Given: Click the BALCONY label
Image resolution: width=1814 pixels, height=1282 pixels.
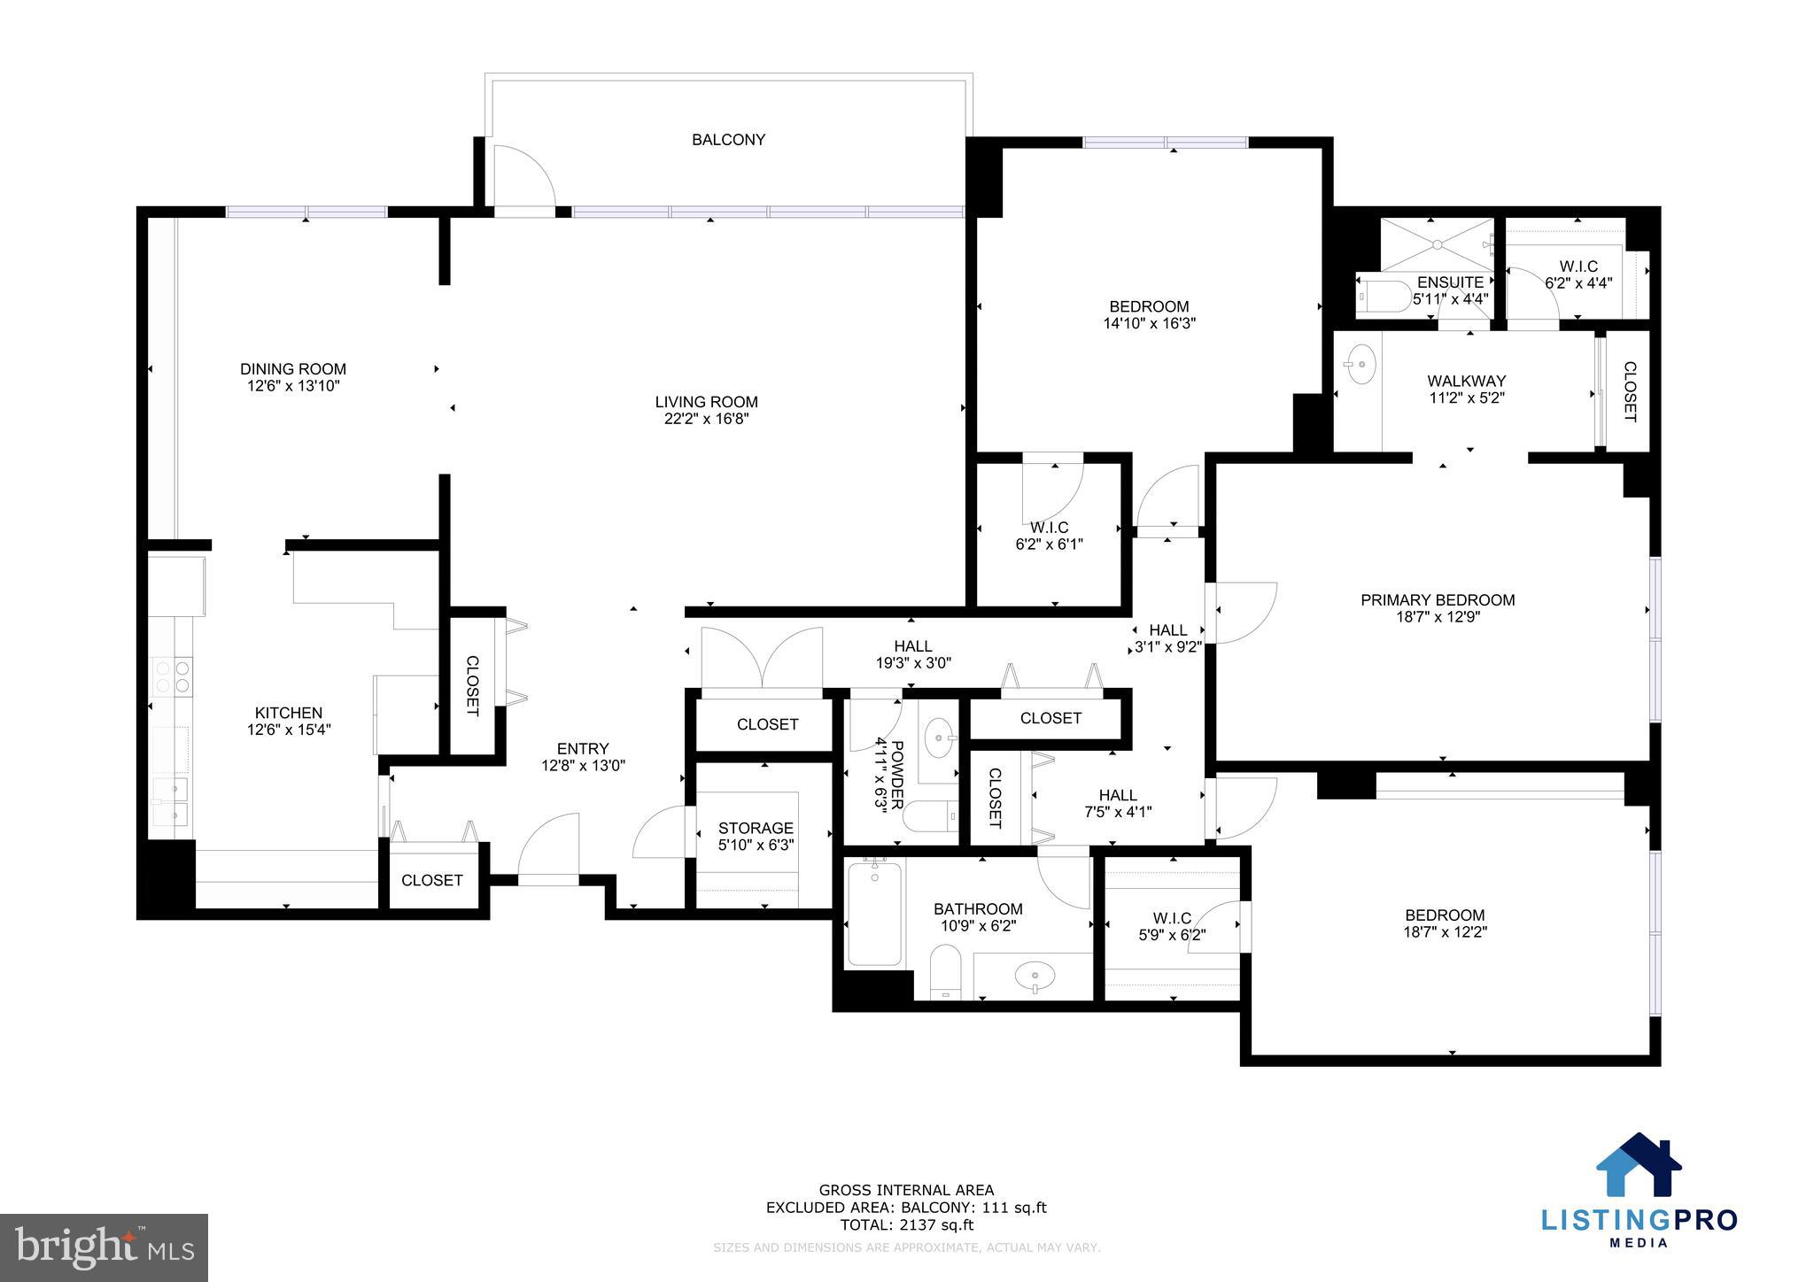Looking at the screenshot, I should [728, 140].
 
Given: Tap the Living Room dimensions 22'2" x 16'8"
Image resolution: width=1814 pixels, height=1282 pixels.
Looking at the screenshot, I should [706, 419].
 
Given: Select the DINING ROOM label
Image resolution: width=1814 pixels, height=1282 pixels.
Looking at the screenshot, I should [293, 369].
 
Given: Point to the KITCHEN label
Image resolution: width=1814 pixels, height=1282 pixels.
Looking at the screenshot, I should [289, 713].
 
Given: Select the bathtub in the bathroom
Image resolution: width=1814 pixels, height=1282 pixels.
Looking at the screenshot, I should [875, 914].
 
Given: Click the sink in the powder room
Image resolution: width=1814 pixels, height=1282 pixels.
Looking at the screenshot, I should [938, 734].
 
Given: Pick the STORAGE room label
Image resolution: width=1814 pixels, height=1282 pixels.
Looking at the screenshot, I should [756, 829].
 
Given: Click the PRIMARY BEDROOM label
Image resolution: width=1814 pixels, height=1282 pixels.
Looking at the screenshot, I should [1438, 600].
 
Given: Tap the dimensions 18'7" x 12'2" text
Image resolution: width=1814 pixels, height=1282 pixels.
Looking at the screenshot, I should [1445, 931].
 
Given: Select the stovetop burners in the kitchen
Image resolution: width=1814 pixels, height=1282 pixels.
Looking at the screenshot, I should [173, 676].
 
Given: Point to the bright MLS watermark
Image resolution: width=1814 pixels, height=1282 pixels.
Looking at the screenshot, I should [104, 1248].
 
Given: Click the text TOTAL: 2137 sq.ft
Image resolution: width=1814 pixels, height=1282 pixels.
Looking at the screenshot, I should [906, 1224].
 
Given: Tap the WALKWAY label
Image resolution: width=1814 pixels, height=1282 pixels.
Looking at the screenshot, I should [1466, 382].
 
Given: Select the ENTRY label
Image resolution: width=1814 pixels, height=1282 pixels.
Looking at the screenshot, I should [583, 749].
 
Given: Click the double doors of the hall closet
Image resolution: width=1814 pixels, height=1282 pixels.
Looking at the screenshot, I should [761, 658].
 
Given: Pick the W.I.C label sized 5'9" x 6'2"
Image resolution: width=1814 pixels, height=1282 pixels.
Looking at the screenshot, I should [1171, 918].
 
